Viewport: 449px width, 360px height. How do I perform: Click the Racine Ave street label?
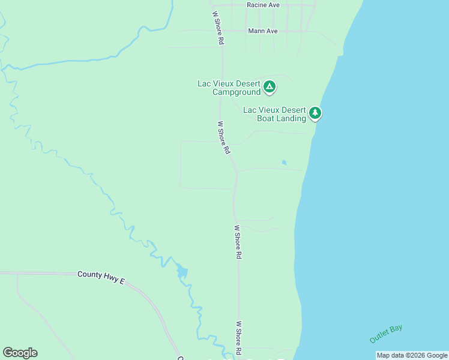[263, 5]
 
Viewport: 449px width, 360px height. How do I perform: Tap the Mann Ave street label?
[263, 31]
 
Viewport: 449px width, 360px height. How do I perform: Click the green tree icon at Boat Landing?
[315, 113]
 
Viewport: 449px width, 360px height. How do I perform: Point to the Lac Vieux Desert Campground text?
[229, 88]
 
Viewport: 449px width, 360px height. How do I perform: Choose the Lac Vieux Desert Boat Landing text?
[274, 114]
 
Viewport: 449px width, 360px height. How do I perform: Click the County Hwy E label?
[100, 274]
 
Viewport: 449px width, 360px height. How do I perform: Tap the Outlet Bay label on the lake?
[386, 334]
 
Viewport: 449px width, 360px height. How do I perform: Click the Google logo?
[20, 353]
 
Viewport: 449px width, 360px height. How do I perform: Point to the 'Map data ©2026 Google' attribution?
[412, 355]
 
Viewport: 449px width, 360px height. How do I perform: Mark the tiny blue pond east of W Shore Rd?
[284, 162]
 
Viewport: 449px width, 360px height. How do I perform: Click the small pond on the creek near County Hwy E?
[182, 273]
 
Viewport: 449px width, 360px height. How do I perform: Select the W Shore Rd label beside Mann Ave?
[217, 28]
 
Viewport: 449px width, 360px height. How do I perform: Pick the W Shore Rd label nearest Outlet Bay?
[238, 337]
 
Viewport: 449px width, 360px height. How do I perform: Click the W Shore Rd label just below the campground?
[223, 138]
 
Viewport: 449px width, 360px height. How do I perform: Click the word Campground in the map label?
[237, 92]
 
